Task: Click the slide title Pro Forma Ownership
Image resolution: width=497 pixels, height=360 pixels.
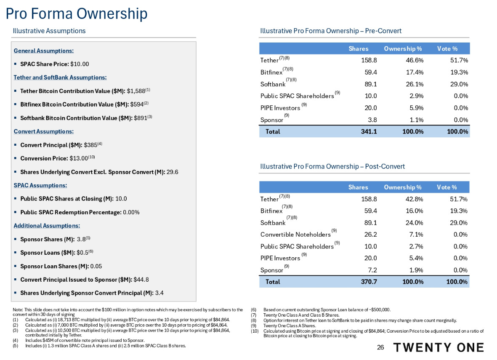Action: pyautogui.click(x=76, y=13)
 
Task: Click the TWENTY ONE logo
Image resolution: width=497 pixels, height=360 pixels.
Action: pyautogui.click(x=438, y=347)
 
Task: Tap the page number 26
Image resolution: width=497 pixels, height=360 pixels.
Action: pyautogui.click(x=380, y=347)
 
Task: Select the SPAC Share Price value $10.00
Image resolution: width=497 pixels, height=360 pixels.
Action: pyautogui.click(x=80, y=64)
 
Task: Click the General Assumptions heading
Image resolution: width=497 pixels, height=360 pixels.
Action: pyautogui.click(x=44, y=51)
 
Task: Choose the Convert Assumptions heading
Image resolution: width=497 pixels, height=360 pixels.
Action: pyautogui.click(x=43, y=131)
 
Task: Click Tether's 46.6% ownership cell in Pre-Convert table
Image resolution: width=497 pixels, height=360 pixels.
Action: pyautogui.click(x=414, y=60)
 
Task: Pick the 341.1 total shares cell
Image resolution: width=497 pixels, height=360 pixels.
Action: pyautogui.click(x=369, y=131)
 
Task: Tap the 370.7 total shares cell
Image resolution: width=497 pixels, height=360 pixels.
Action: pyautogui.click(x=369, y=282)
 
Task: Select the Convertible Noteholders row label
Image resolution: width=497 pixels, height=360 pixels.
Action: pyautogui.click(x=295, y=235)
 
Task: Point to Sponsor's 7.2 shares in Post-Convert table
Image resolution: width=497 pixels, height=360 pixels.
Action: pyautogui.click(x=372, y=270)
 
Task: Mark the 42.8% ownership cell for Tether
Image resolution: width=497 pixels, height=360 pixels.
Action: pyautogui.click(x=414, y=199)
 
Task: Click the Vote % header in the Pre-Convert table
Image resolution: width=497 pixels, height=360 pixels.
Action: pyautogui.click(x=447, y=48)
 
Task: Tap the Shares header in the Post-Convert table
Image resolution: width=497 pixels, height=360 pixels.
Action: pyautogui.click(x=358, y=187)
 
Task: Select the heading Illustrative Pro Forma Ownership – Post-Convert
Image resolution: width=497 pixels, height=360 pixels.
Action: pyautogui.click(x=332, y=166)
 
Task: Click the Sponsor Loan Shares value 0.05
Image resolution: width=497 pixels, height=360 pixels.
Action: pyautogui.click(x=96, y=266)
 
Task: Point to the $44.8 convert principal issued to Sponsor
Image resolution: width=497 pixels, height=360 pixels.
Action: pyautogui.click(x=141, y=280)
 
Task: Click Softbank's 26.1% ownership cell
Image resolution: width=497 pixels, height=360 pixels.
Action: pyautogui.click(x=414, y=84)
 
